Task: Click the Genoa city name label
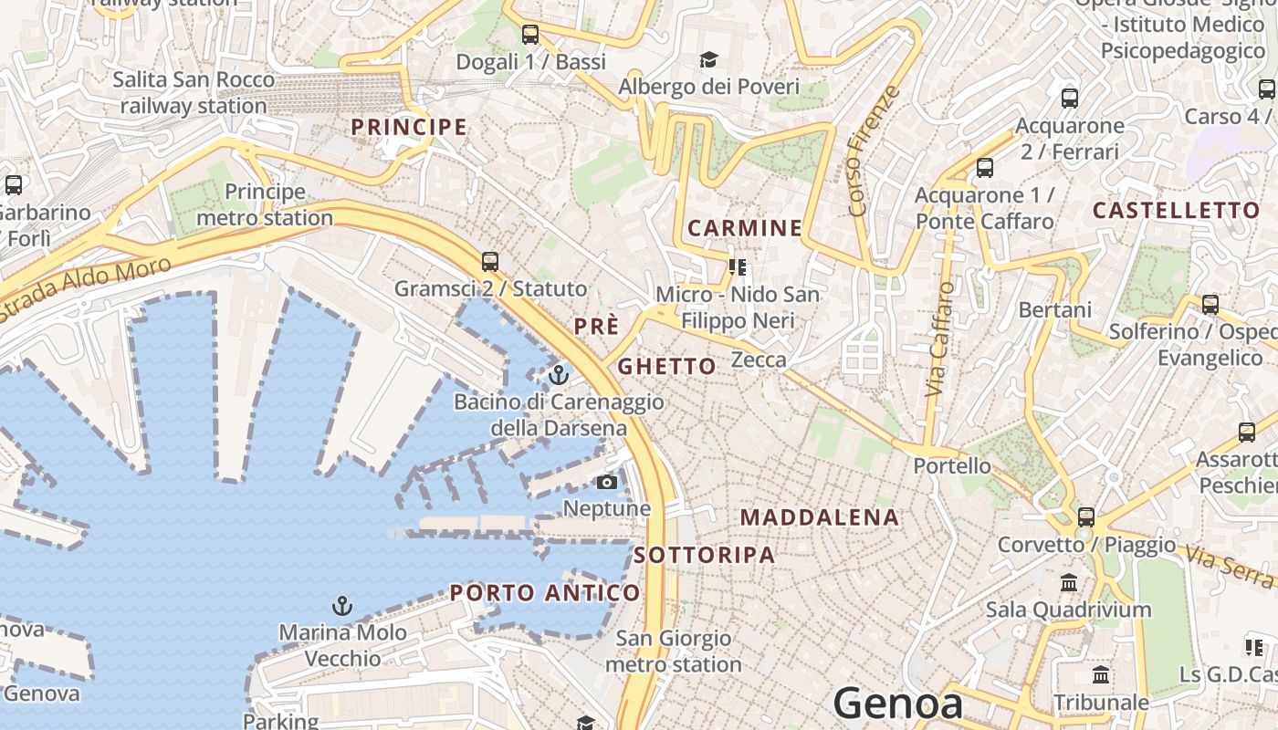point(898,704)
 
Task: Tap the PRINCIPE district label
point(409,127)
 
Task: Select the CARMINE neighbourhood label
point(745,228)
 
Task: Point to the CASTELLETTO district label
point(1176,211)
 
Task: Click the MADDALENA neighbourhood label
point(820,517)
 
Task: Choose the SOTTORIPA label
point(704,555)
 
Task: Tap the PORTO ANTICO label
point(545,593)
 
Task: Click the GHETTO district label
point(667,367)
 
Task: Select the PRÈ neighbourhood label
point(597,327)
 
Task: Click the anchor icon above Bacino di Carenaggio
point(559,374)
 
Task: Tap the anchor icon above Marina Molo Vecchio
point(341,605)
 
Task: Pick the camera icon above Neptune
point(607,482)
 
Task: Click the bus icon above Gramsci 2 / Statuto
point(490,262)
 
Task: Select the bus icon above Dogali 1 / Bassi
point(530,36)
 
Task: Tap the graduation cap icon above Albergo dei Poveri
point(708,60)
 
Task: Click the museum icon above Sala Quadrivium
point(1069,582)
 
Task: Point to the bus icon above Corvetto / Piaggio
point(1086,517)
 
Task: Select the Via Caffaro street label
point(939,339)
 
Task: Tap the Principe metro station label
point(265,204)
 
